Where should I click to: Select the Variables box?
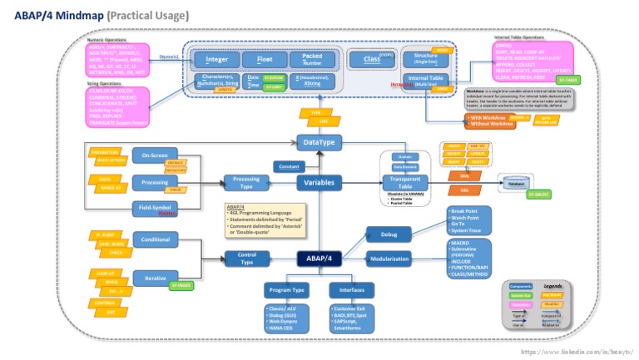[320, 182]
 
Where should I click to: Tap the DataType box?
[320, 143]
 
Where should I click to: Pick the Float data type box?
[264, 60]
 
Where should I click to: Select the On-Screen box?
[155, 155]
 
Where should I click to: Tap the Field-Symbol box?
[155, 208]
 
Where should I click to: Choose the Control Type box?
[246, 259]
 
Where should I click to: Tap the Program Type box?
[287, 290]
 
